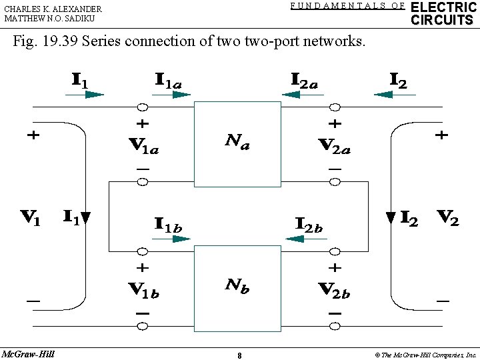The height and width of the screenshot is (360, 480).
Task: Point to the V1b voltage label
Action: [x=143, y=290]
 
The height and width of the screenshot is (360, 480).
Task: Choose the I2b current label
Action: [x=309, y=225]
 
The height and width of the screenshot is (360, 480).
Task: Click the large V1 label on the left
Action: [x=30, y=218]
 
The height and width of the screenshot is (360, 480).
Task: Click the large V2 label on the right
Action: [x=447, y=218]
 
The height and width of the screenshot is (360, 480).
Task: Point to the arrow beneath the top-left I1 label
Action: [x=85, y=95]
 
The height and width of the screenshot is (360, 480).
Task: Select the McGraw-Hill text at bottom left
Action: [x=28, y=353]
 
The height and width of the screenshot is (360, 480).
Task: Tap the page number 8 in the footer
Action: [x=239, y=355]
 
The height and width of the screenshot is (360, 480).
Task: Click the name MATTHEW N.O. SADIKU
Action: [x=49, y=19]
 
